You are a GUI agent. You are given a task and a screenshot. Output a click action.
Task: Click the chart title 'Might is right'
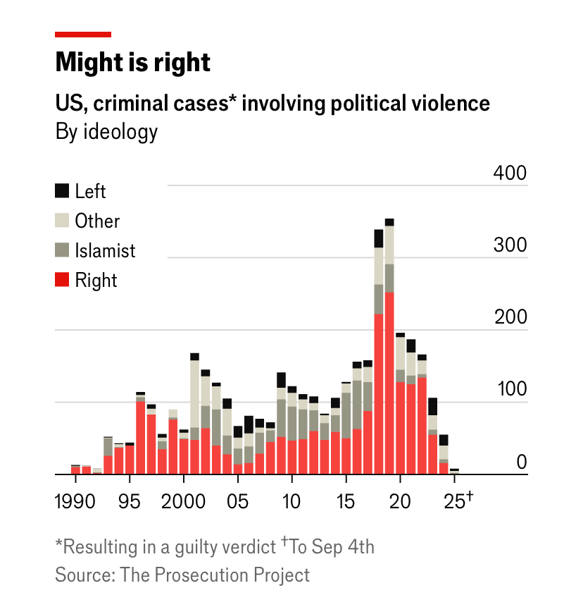[133, 63]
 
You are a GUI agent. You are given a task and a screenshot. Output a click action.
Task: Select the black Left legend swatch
[63, 190]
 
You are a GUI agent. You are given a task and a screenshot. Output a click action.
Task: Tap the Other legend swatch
[63, 221]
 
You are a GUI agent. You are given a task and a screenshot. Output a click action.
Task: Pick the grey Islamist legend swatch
[63, 250]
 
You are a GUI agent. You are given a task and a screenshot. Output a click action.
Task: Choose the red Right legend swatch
[63, 280]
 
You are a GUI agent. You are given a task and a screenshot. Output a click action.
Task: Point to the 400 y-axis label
[509, 173]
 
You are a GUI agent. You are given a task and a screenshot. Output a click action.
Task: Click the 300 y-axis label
[509, 245]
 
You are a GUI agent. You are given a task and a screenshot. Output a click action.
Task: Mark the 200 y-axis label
[509, 317]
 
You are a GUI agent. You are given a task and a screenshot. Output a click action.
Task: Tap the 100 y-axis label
[509, 390]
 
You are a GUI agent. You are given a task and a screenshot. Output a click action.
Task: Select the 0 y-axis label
[521, 462]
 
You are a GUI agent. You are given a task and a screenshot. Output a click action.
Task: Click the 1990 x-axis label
[75, 501]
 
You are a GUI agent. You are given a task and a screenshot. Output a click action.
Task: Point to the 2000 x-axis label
[183, 501]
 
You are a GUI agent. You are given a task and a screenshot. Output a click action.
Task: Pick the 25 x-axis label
[455, 501]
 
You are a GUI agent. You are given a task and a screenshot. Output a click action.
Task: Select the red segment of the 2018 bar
[378, 395]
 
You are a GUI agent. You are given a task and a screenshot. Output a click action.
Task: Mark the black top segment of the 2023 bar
[432, 406]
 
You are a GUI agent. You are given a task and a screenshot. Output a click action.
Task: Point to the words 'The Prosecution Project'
[215, 575]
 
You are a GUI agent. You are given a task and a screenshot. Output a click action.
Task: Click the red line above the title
[83, 34]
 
